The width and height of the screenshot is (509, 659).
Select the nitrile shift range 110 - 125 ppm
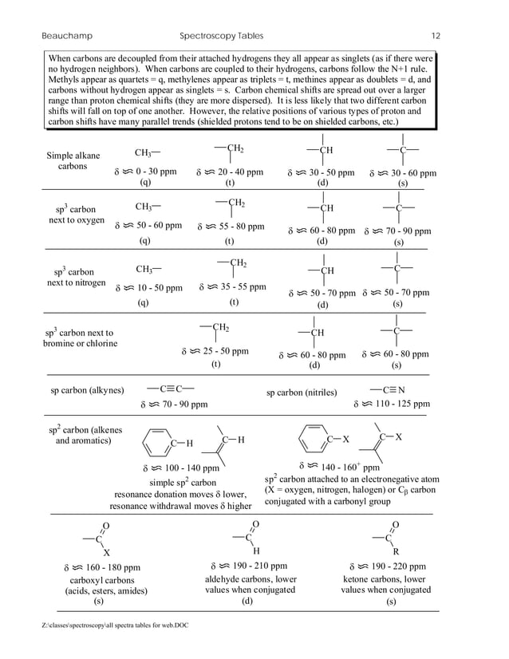(390, 404)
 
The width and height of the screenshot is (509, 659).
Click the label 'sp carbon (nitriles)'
(301, 393)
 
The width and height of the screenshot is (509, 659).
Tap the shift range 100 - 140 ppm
(180, 468)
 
